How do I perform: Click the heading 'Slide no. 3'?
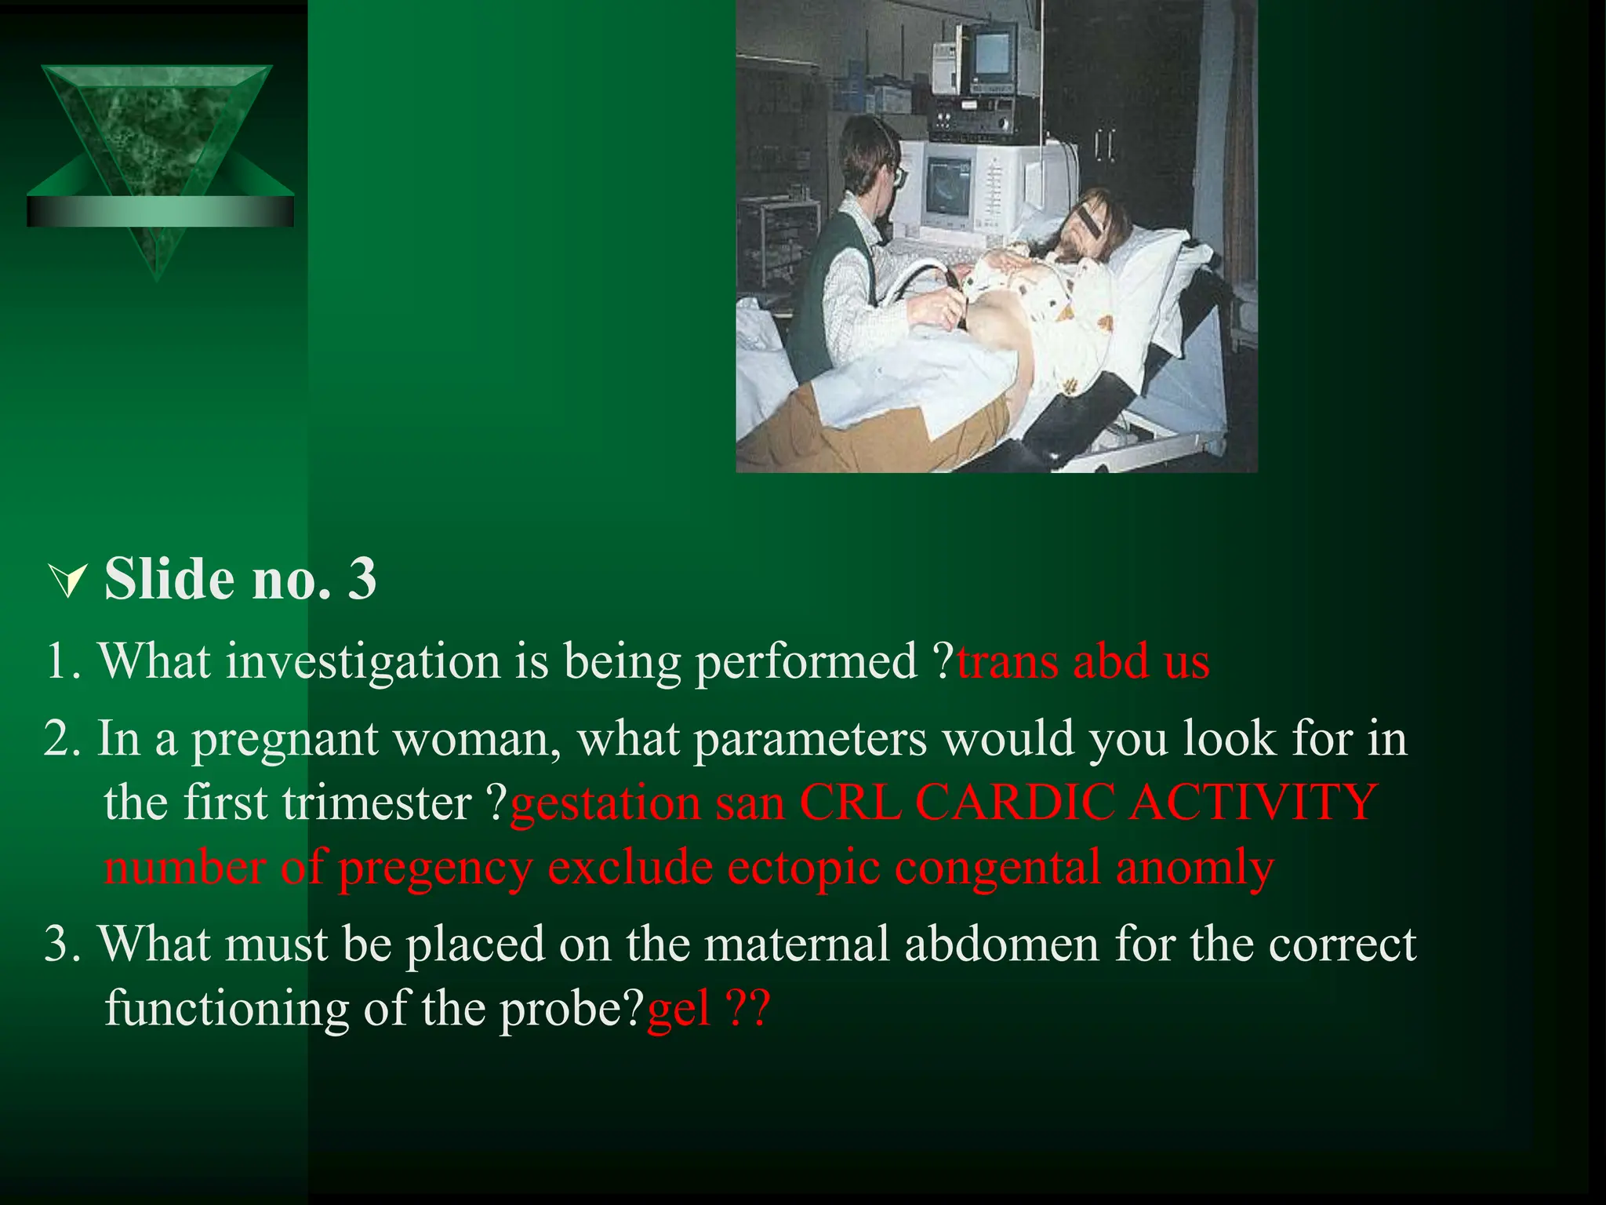point(239,579)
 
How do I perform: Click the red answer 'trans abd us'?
point(1083,661)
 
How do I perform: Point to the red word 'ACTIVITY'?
point(1252,803)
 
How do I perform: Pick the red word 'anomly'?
point(1194,868)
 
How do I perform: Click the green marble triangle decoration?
point(157,141)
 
